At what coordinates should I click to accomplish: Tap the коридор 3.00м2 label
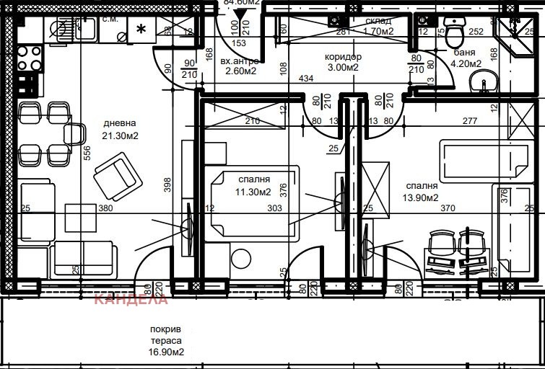click(343, 62)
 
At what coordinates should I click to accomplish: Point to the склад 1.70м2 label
click(378, 26)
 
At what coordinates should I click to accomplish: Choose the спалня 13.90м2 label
click(422, 192)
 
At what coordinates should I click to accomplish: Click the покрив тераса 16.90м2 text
click(165, 342)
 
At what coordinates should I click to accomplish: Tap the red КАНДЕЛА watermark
click(131, 298)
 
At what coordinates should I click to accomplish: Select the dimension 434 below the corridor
click(306, 78)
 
